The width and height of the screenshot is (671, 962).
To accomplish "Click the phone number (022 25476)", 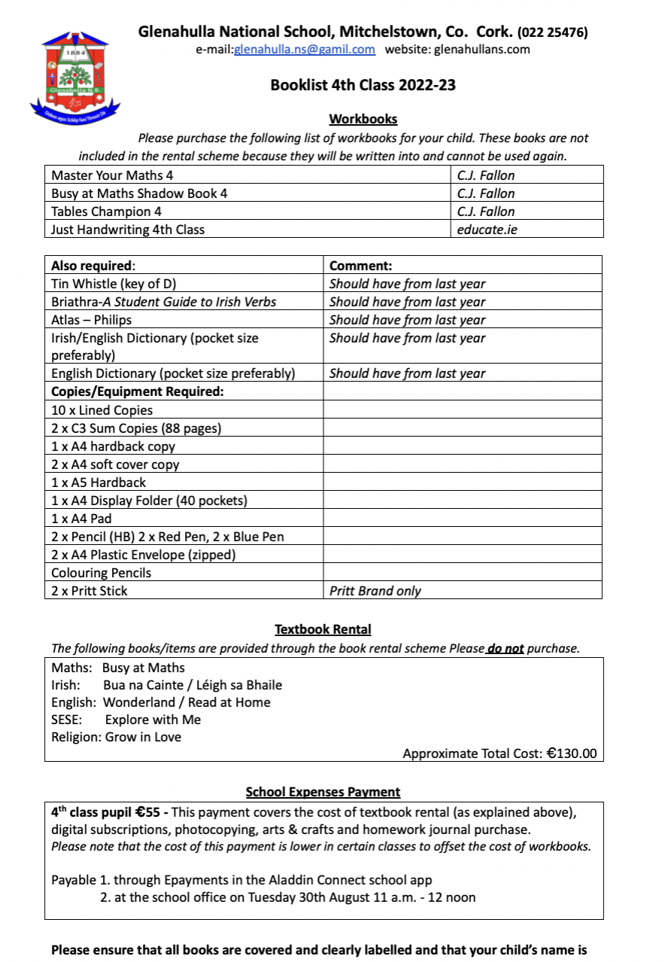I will [552, 32].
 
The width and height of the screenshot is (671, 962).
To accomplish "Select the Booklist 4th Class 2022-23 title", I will [363, 85].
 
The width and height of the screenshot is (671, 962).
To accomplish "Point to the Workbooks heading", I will [363, 119].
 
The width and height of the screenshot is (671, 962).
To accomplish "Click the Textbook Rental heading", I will [323, 629].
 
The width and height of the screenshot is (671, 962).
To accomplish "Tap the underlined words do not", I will [505, 648].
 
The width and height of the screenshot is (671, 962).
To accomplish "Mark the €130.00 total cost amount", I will [571, 753].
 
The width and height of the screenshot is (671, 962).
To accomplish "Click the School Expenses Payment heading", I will [323, 792].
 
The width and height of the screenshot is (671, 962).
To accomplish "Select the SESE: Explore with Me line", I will [126, 720].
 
